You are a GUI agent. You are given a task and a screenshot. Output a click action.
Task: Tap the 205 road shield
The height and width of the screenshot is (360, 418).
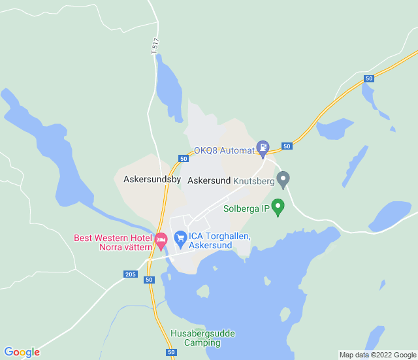click(x=131, y=274)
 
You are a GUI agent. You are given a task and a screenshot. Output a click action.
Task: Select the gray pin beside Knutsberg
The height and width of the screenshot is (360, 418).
click(x=283, y=178)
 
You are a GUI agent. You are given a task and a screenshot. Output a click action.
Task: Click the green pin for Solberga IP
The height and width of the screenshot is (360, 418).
click(x=278, y=208)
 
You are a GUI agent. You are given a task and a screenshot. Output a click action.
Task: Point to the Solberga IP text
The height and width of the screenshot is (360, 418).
click(x=246, y=210)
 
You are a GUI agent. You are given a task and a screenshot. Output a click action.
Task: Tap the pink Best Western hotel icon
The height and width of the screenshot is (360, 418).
click(x=161, y=242)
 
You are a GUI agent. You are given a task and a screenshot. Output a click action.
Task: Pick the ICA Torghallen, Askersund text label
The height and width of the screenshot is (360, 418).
click(x=220, y=241)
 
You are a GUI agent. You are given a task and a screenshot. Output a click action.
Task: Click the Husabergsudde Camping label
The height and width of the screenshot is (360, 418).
click(x=202, y=338)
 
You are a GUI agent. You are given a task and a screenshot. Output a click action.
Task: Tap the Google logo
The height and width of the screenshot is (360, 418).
click(x=22, y=352)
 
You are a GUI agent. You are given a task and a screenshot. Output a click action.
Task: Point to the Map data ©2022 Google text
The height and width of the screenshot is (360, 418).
click(x=378, y=355)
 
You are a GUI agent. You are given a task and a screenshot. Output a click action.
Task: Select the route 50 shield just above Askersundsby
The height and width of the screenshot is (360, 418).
click(x=183, y=159)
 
